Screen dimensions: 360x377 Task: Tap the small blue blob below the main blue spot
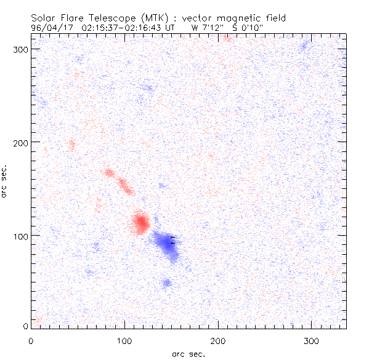coord(166,282)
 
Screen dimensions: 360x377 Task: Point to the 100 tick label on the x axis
coord(124,340)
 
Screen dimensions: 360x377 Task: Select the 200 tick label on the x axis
coord(217,340)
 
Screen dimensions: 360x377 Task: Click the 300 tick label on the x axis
coord(311,340)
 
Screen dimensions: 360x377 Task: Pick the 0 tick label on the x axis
coord(31,340)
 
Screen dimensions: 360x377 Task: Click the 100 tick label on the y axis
coord(21,235)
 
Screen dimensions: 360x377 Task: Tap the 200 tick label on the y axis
coord(21,142)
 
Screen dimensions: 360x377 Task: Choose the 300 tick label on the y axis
coord(21,49)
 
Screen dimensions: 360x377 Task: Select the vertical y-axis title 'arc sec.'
coord(4,181)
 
